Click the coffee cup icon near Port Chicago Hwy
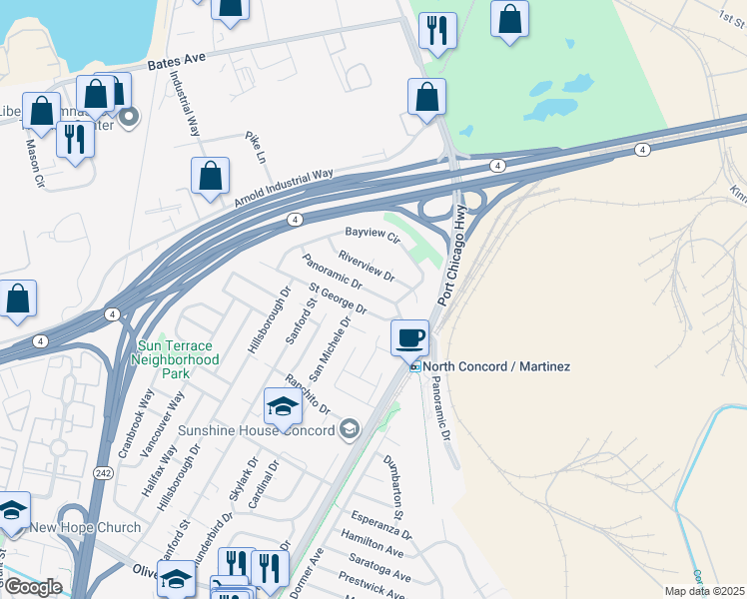point(409,337)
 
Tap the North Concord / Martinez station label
point(496,367)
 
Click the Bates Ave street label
point(176,60)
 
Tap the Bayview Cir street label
point(372,235)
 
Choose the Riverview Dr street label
point(367,265)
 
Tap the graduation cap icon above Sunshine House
point(283,406)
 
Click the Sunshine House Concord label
point(257,430)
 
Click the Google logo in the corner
point(32,587)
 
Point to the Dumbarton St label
point(396,485)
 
